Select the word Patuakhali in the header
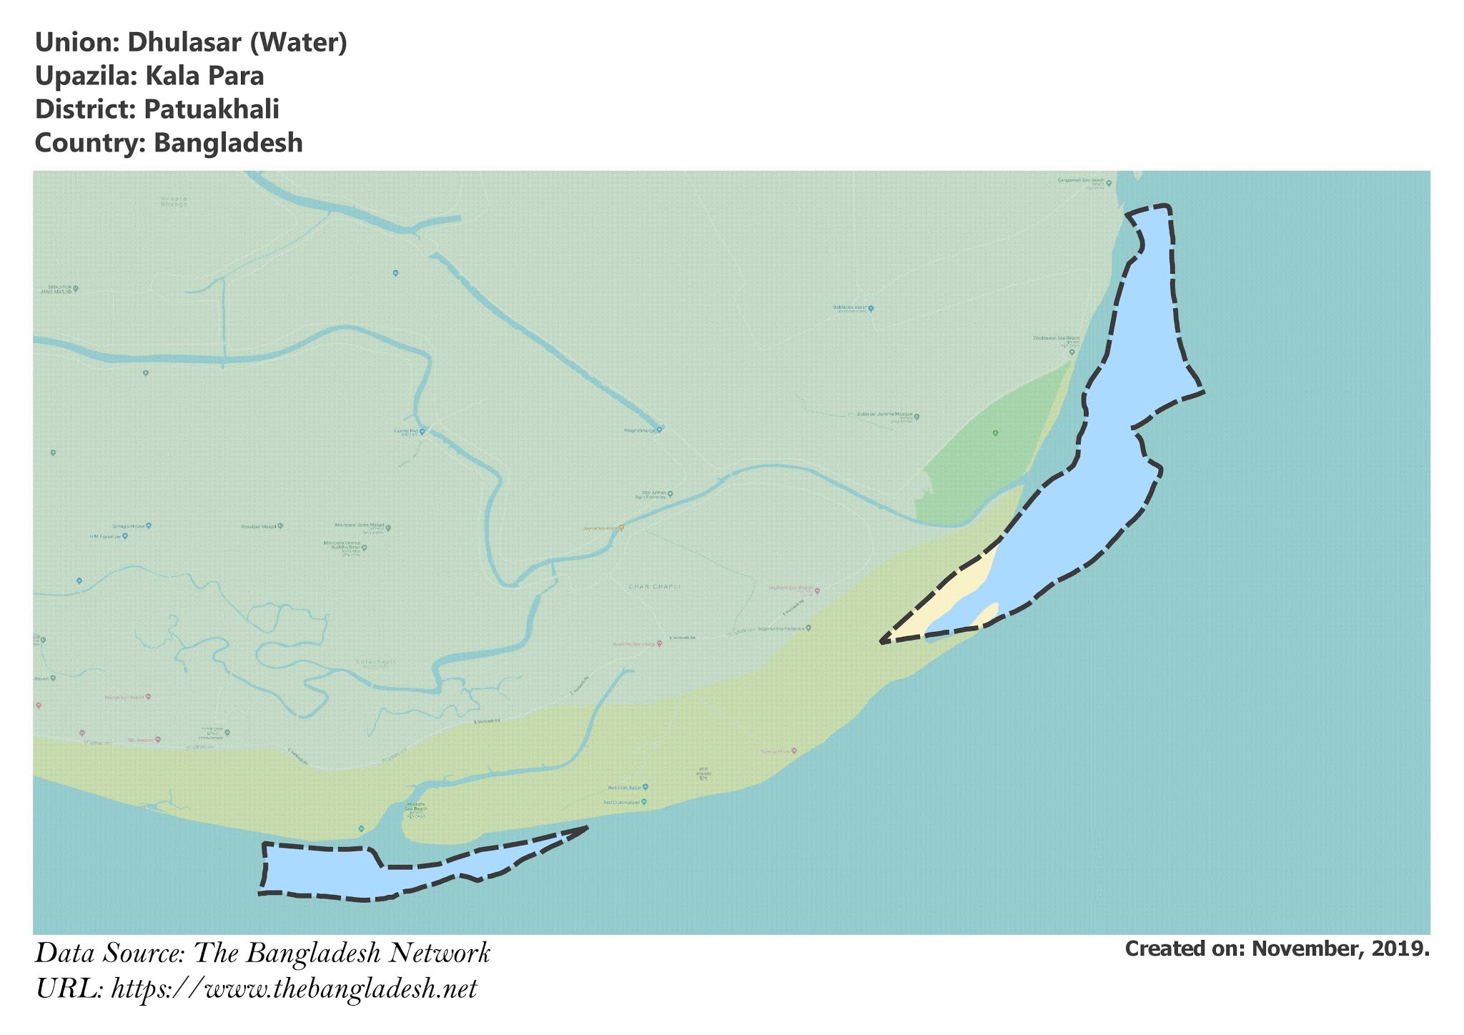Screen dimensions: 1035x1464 [211, 109]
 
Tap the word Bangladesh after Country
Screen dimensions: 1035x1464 [228, 143]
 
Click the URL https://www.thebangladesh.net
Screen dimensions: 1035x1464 [294, 989]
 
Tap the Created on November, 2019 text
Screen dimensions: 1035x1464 [1277, 949]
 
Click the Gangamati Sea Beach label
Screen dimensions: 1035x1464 [1081, 181]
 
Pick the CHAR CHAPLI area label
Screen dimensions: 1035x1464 [654, 587]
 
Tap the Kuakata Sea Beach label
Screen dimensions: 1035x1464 [416, 807]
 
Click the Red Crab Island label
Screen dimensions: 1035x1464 [622, 803]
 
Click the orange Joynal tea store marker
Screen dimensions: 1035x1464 [621, 528]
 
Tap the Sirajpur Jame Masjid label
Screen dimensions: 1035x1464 [57, 289]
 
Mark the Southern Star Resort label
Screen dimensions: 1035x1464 [791, 589]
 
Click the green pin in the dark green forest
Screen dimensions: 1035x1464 [995, 433]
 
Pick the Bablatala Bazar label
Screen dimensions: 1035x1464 [850, 308]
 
